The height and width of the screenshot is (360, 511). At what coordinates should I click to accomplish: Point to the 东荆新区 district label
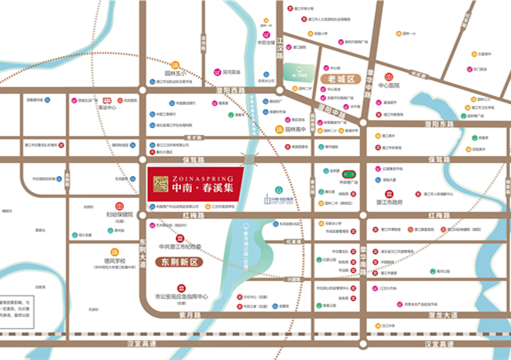[x=180, y=261]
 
